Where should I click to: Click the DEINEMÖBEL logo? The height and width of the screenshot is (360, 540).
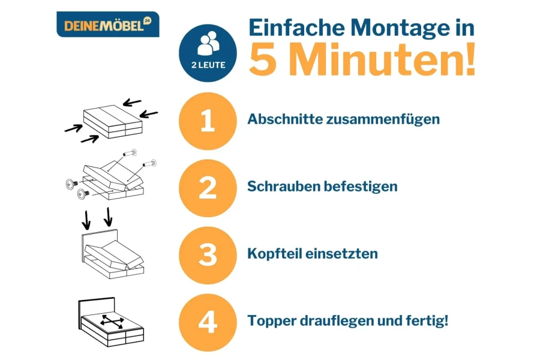[108, 25]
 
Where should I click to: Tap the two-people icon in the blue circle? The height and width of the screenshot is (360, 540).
[208, 44]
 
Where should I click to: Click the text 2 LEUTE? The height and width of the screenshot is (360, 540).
[208, 65]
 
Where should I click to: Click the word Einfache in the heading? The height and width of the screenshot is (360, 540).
[296, 27]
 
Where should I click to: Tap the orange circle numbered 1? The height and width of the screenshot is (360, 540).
[208, 121]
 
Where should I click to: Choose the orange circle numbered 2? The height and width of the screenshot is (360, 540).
[208, 188]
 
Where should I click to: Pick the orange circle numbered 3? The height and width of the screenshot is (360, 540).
[208, 255]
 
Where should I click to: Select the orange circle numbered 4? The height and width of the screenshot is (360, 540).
[208, 322]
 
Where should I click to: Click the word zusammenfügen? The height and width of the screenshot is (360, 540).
[383, 119]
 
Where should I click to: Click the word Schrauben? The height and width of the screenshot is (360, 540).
[283, 187]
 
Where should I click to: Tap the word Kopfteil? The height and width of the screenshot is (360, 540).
[274, 254]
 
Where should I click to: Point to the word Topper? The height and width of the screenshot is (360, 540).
[272, 321]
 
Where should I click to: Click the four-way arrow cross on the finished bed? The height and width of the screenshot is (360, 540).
[112, 322]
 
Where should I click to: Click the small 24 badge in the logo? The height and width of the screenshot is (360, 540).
[148, 20]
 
